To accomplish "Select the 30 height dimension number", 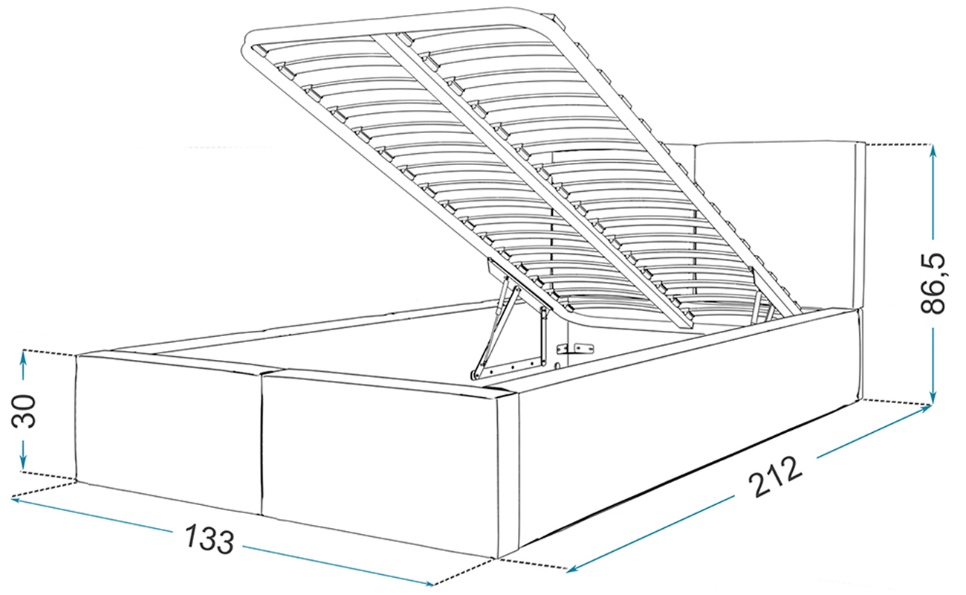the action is (24, 411).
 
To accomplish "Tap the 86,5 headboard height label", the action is (933, 283).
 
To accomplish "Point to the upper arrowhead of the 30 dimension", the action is (23, 358).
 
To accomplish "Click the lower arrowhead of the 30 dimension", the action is (23, 463).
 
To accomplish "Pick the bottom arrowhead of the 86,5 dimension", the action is (932, 396).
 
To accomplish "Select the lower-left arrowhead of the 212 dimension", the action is (573, 568).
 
